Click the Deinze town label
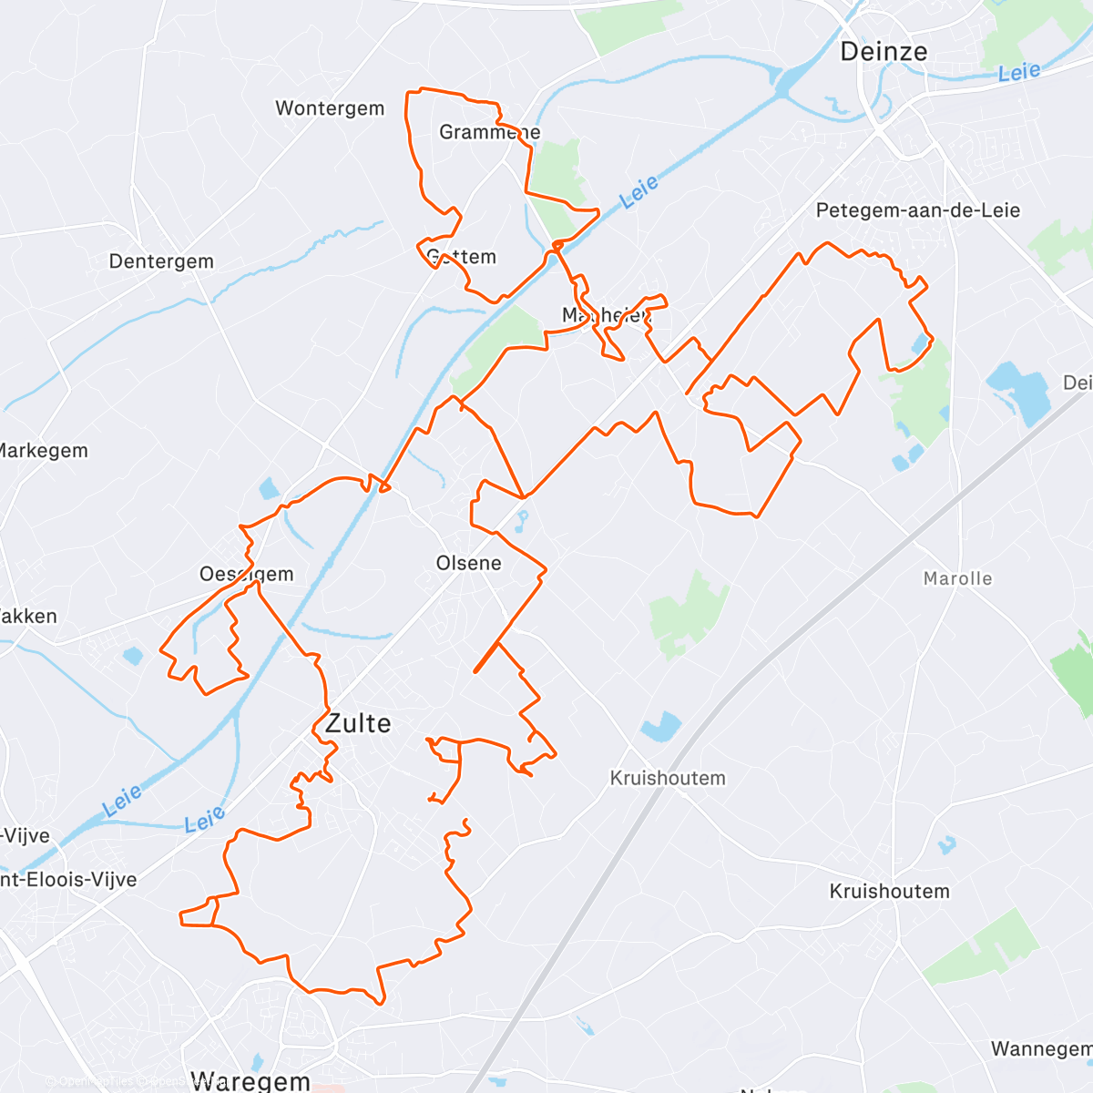tap(884, 52)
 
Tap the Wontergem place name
tap(330, 108)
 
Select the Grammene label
tap(489, 132)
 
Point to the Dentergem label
tap(161, 261)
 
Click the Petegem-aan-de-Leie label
tap(917, 210)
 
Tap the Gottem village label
tap(462, 257)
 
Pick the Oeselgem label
tap(247, 574)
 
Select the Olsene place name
tap(468, 563)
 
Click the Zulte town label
tap(358, 723)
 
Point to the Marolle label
tap(957, 578)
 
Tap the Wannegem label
tap(1041, 1049)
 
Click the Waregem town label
tap(251, 1081)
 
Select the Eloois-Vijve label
tap(68, 880)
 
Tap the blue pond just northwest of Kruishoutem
tap(661, 726)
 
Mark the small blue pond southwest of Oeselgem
tap(133, 654)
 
